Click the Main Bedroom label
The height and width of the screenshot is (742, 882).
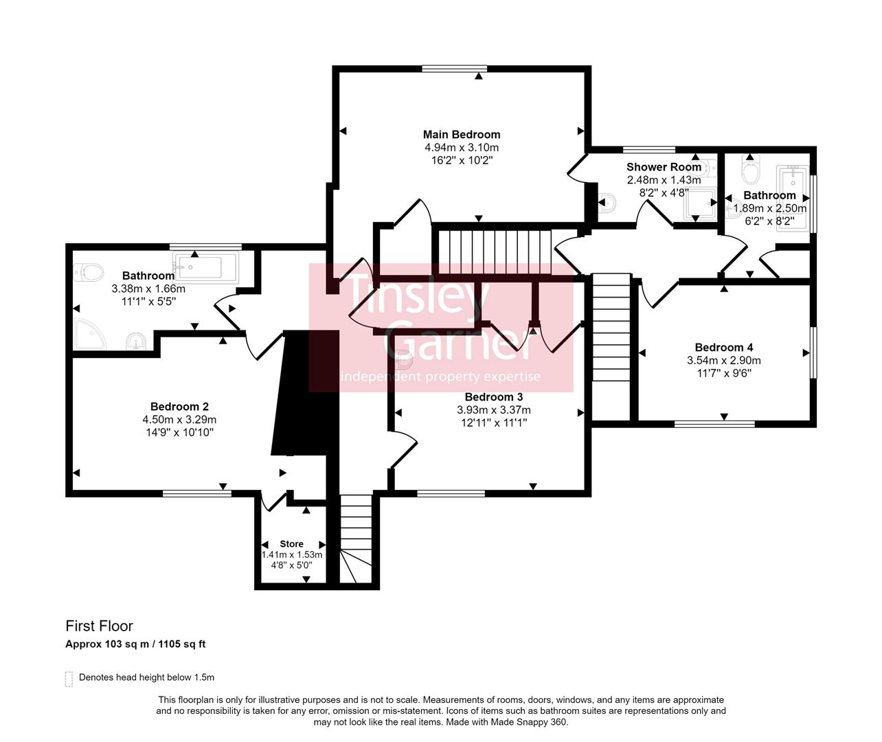tap(461, 135)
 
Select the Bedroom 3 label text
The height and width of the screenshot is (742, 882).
tap(493, 397)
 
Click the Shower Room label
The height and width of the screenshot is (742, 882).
tap(664, 167)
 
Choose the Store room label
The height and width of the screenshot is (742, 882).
tap(291, 544)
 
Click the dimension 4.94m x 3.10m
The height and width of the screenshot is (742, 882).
tap(461, 148)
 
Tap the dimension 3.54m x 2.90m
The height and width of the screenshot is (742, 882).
tap(723, 361)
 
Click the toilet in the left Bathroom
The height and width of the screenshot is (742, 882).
tap(88, 273)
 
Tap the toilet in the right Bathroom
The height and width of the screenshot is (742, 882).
tap(751, 169)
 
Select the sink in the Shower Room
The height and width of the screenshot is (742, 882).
tap(606, 203)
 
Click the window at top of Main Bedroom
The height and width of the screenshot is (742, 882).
tap(454, 69)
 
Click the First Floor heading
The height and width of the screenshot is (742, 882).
tap(99, 626)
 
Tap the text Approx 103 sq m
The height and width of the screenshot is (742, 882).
tap(109, 644)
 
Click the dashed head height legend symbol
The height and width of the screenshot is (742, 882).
tap(68, 679)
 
